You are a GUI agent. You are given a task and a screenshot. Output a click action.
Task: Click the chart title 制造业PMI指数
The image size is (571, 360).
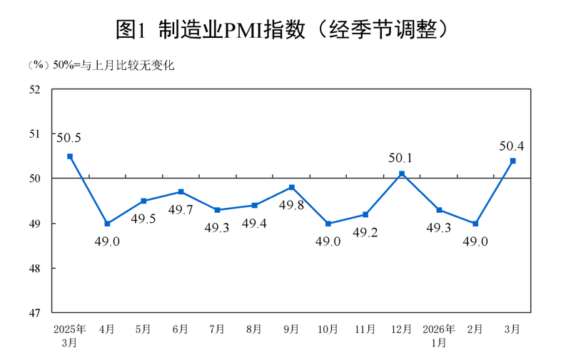[x=285, y=29]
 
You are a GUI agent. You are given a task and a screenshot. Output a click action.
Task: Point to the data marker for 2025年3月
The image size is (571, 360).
[x=70, y=156]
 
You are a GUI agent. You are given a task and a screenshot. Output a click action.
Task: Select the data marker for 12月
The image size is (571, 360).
[x=402, y=174]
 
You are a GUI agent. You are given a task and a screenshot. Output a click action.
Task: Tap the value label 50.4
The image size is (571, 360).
[x=512, y=146]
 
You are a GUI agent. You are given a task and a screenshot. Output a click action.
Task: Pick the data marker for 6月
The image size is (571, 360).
[x=181, y=191]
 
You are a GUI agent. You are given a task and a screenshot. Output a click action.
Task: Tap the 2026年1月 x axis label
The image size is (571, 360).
[x=439, y=335]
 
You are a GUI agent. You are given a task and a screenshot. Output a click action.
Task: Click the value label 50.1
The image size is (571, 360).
[x=402, y=159]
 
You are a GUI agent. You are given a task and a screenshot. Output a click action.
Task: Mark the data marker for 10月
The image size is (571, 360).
[x=328, y=224]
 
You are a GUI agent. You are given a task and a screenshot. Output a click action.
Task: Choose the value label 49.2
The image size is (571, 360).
[x=365, y=233]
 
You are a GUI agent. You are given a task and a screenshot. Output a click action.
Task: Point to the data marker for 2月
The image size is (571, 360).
[x=475, y=224]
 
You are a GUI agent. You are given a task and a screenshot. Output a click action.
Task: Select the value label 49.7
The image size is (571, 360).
[x=181, y=210]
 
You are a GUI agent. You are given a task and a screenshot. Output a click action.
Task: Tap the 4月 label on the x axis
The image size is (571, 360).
[x=107, y=329]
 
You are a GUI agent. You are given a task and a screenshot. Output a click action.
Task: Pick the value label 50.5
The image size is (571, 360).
[x=70, y=138]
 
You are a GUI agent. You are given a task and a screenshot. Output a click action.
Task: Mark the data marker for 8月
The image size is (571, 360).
[x=255, y=205]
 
